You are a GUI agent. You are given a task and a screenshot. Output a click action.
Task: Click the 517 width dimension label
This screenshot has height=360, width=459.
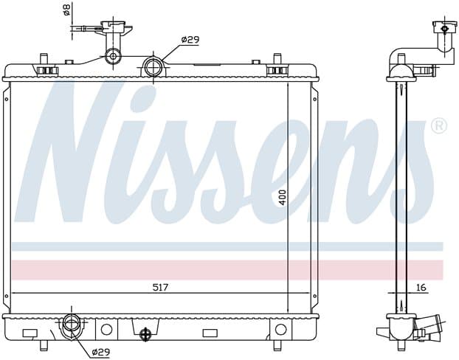tap(161, 288)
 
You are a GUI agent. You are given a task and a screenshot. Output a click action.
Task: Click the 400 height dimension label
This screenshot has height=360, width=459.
tap(282, 198)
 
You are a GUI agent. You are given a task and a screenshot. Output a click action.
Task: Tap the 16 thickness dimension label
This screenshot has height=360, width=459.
tap(421, 288)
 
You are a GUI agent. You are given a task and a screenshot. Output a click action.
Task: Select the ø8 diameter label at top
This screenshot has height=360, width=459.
tap(67, 9)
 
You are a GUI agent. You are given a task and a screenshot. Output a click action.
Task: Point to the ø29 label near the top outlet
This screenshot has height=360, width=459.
tap(190, 40)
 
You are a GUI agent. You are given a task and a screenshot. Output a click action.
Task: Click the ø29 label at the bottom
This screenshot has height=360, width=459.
tap(100, 352)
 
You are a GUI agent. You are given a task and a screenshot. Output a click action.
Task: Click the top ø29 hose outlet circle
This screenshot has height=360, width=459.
tap(153, 67)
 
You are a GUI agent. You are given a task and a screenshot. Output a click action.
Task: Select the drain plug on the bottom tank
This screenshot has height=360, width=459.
tap(145, 333)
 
